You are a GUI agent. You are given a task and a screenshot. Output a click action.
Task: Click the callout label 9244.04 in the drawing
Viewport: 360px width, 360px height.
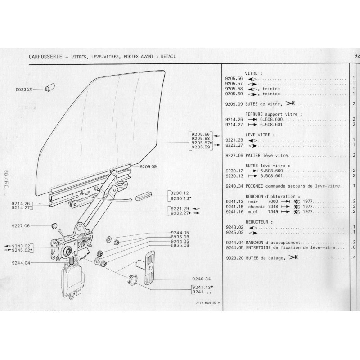point(21,264)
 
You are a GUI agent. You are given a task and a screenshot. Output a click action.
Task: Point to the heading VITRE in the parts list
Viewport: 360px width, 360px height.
point(253,72)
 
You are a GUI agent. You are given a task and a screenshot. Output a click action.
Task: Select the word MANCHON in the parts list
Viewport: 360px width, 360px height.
point(253,242)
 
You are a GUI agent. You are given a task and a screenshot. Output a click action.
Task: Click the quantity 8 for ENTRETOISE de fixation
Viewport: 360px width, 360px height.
point(355,247)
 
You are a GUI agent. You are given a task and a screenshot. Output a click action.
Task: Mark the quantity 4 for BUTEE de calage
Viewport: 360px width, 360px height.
point(355,258)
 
